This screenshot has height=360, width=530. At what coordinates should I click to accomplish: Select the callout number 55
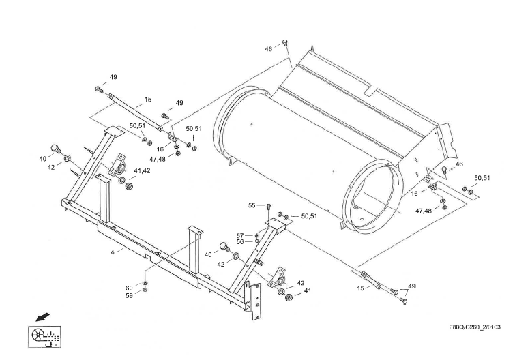[251, 205]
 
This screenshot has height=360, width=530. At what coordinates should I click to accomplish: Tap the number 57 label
[240, 235]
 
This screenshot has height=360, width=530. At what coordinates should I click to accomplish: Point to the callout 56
[240, 242]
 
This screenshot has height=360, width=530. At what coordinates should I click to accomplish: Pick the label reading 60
[130, 288]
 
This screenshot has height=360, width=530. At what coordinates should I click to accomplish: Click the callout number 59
[130, 295]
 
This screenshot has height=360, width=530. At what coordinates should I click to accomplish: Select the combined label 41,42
[142, 170]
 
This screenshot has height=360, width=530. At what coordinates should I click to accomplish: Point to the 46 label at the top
[269, 48]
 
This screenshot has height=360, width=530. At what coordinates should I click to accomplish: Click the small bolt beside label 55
[269, 205]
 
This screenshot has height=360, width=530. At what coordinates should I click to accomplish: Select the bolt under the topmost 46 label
[285, 44]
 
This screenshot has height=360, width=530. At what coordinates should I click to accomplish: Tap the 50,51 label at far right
[482, 178]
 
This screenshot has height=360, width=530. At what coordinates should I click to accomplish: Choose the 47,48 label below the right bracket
[424, 211]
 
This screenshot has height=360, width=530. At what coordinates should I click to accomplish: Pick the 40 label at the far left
[42, 159]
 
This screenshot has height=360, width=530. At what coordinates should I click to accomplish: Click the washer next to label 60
[145, 282]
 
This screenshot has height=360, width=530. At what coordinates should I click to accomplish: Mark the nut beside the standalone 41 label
[289, 297]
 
